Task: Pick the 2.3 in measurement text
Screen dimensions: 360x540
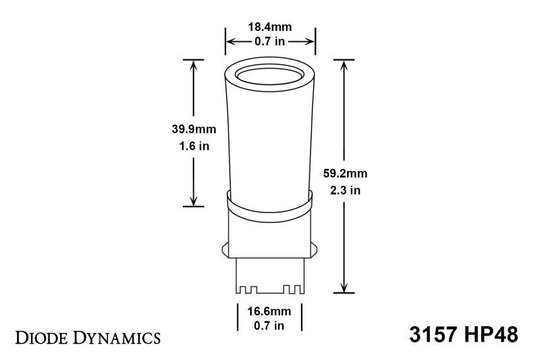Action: coord(346,190)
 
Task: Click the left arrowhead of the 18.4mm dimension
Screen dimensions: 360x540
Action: coord(230,42)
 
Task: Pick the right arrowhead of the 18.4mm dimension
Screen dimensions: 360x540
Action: coord(311,42)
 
